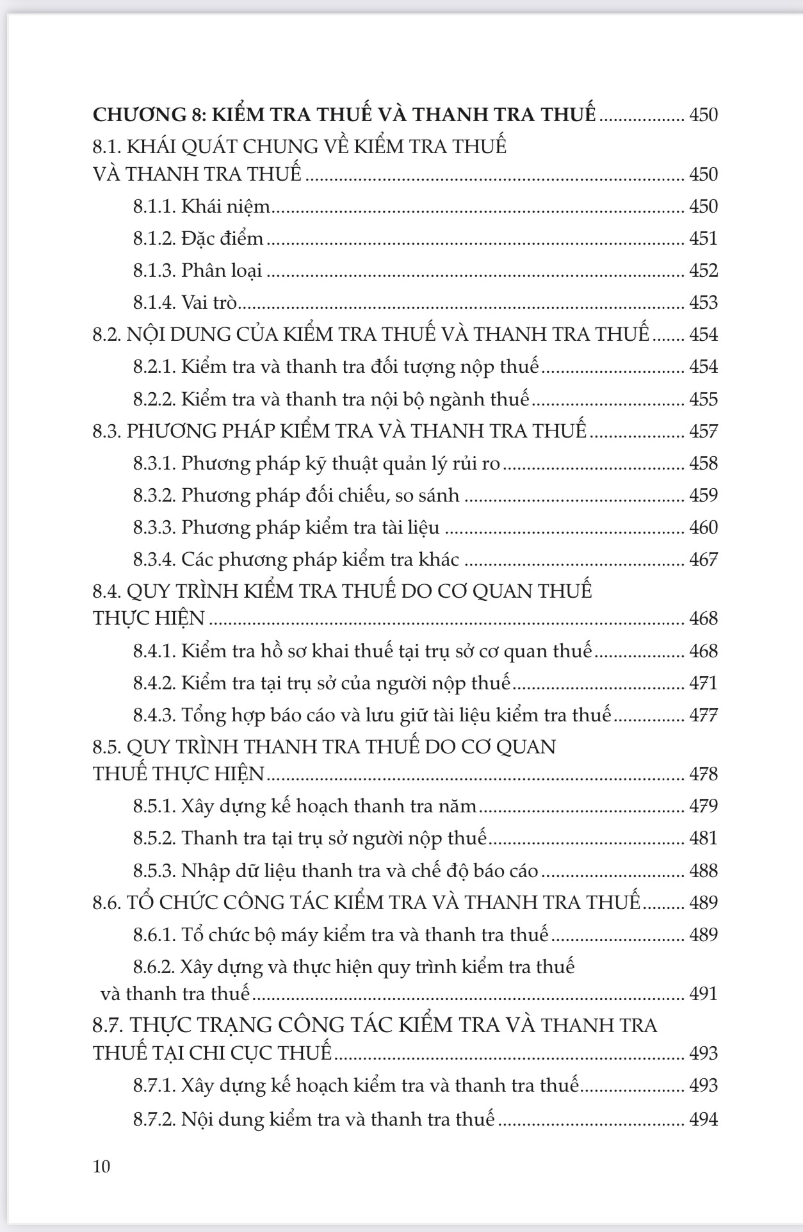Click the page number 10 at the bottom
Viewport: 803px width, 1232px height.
pos(102,1165)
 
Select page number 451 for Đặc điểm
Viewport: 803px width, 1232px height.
pos(703,238)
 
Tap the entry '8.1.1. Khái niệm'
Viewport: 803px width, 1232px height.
pos(202,206)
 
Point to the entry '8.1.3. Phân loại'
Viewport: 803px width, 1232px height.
pos(198,270)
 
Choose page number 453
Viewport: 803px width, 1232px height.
pos(703,302)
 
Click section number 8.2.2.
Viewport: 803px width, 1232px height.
pos(154,399)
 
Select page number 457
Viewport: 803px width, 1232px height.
pos(703,431)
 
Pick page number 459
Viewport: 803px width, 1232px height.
pos(703,495)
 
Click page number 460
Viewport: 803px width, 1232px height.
pos(703,527)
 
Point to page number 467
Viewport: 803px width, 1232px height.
pos(703,559)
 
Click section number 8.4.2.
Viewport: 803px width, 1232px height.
pos(154,683)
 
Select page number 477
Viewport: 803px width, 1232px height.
pos(703,715)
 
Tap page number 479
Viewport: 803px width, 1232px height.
pos(703,806)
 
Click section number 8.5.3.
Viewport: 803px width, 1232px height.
pos(154,871)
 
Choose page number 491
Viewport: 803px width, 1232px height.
pos(703,994)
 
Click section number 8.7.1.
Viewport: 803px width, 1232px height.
pos(154,1085)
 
